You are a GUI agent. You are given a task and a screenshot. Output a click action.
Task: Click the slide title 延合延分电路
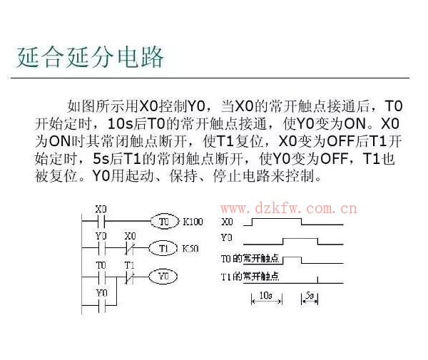click(90, 57)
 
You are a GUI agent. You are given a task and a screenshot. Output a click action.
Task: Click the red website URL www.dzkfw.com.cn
click(288, 208)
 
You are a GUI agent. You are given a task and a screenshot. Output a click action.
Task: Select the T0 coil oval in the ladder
click(165, 221)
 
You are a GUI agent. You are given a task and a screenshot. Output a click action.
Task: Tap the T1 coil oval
click(163, 248)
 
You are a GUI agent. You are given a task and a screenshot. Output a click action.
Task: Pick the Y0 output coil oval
click(163, 277)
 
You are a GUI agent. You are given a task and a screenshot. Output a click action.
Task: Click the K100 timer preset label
click(193, 222)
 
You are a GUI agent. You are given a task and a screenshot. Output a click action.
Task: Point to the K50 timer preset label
click(190, 249)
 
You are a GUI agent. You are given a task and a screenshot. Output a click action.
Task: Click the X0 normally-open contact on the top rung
click(101, 221)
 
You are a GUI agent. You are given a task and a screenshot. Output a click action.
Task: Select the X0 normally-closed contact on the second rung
click(130, 248)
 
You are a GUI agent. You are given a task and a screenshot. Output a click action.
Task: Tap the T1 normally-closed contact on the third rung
click(129, 277)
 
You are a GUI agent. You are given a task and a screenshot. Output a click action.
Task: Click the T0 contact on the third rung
click(101, 277)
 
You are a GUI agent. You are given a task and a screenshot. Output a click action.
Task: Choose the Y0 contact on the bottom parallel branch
click(101, 305)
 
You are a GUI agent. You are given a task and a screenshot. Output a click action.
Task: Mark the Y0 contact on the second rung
click(101, 248)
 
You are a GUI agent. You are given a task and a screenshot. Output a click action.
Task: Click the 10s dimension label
click(265, 295)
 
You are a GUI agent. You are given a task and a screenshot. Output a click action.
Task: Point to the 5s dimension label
click(310, 295)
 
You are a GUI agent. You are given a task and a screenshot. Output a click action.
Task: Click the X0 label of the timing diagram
click(227, 222)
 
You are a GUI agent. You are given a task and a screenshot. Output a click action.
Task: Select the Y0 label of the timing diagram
click(227, 237)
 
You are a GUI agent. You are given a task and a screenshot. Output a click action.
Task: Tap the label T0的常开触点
click(250, 258)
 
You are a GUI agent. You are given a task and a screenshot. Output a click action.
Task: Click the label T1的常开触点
click(250, 277)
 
